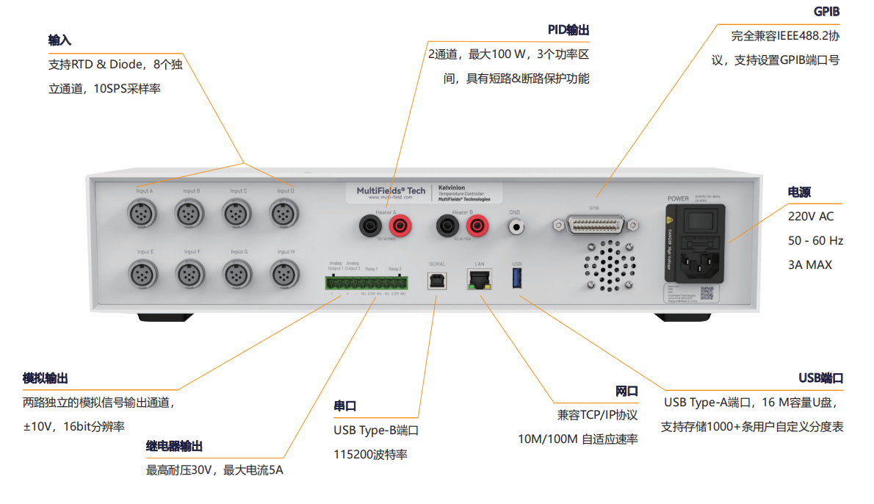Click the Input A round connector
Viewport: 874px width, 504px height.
(143, 215)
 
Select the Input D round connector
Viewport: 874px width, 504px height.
(284, 215)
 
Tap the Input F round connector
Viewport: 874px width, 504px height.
(191, 276)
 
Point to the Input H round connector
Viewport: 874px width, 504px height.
(284, 276)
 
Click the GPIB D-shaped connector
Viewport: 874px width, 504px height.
(593, 226)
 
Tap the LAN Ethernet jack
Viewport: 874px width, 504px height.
(479, 279)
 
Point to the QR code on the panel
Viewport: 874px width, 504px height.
(707, 293)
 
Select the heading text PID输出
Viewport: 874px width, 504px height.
(568, 30)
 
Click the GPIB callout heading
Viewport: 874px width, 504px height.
(827, 12)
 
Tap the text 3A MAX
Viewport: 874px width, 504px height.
(810, 264)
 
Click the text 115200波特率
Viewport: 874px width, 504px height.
(370, 455)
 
